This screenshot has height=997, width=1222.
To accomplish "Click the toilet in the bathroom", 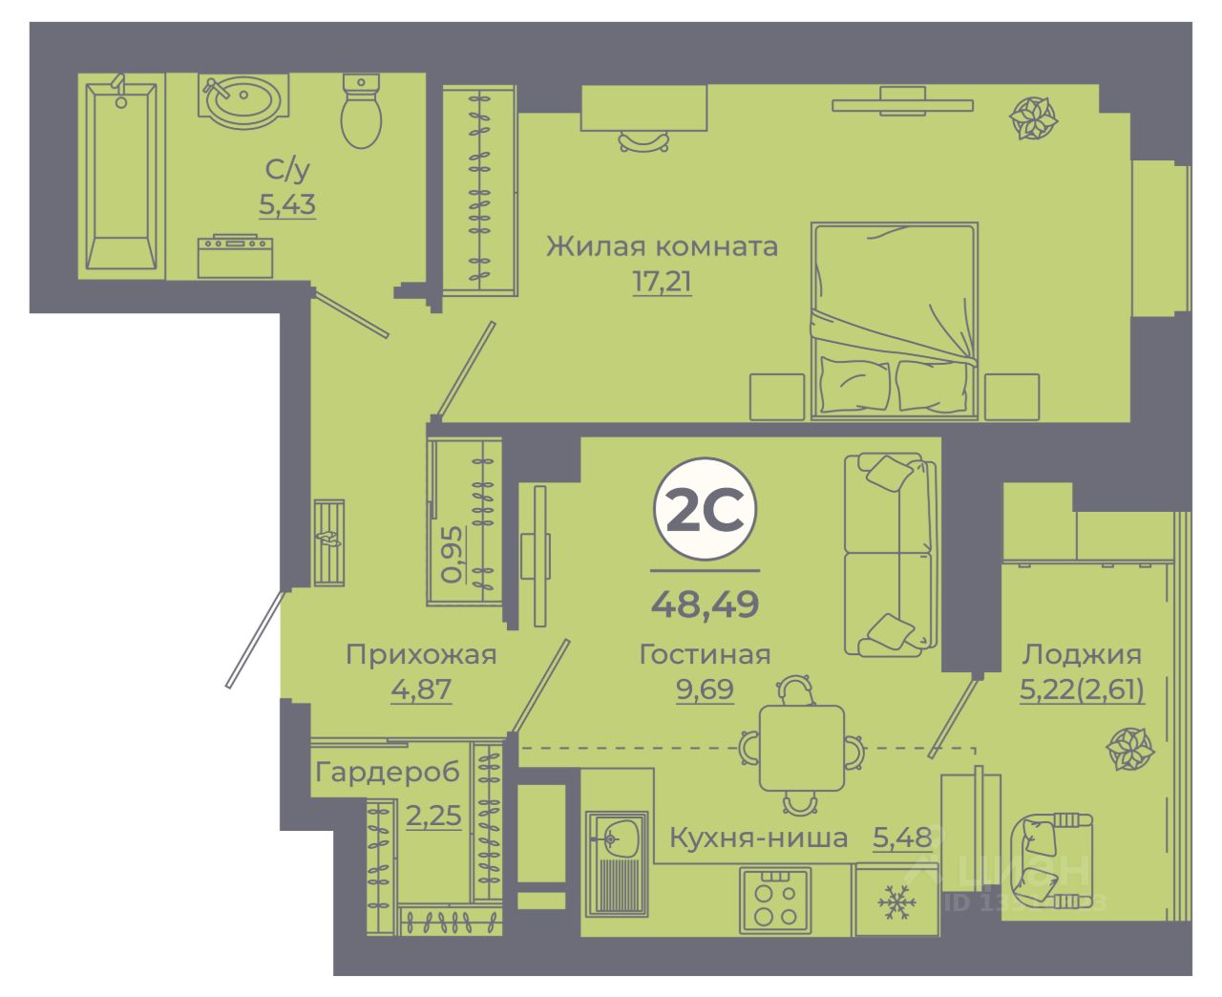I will coord(361,112).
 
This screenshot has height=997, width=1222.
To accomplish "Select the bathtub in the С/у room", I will coord(120,177).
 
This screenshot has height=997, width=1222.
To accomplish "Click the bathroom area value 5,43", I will coord(286,204).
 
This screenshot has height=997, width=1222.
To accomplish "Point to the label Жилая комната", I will coord(662,246).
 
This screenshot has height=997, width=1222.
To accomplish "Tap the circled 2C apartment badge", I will coord(705,512).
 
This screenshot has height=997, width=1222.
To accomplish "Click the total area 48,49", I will coord(705,604).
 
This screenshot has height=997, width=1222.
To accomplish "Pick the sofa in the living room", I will coord(890,555).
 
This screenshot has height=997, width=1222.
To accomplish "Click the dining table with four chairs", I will coord(801,748).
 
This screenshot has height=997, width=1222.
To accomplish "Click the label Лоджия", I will coord(1082,654).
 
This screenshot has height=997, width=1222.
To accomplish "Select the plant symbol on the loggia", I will coord(1130,749).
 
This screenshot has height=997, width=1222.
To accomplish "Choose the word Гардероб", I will coord(388,772).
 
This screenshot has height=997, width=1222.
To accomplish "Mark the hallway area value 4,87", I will coord(421,689).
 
